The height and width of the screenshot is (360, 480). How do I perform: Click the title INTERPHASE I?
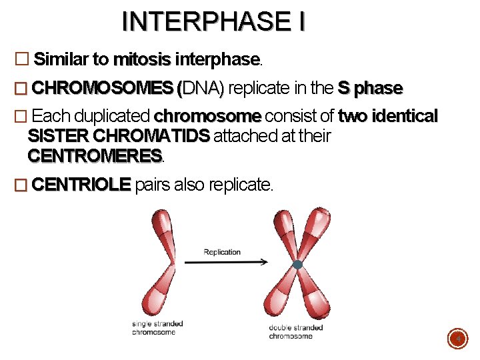[x=213, y=21]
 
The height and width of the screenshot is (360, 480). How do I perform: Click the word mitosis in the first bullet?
[x=142, y=59]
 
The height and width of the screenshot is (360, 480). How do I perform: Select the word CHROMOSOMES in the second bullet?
[x=103, y=88]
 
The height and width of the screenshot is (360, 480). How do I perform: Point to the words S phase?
[x=370, y=88]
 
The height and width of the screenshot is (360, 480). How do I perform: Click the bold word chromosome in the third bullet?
[x=207, y=117]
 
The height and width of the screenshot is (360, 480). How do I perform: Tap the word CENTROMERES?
[x=95, y=157]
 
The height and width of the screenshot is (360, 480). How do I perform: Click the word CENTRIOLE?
[x=81, y=185]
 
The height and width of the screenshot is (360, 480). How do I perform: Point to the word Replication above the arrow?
[x=222, y=252]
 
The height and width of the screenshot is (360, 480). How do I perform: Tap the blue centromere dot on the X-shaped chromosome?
[x=297, y=265]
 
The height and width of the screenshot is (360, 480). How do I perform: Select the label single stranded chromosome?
[x=158, y=328]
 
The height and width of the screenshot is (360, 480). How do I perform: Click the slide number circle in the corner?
[x=457, y=340]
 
